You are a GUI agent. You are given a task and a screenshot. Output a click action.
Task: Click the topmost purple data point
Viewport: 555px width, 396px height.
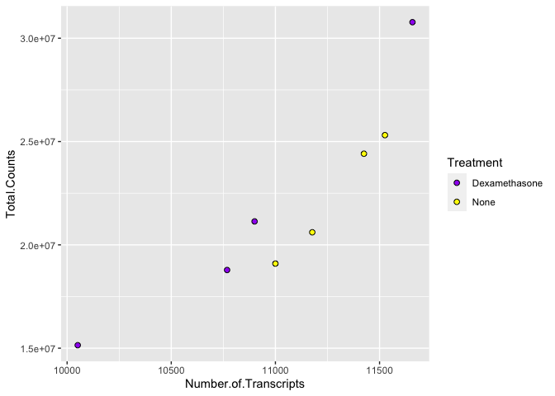(412, 22)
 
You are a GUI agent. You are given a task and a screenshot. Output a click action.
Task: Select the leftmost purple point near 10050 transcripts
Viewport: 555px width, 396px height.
(78, 345)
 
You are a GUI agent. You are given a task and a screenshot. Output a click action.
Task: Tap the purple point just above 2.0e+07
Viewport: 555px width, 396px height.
(254, 221)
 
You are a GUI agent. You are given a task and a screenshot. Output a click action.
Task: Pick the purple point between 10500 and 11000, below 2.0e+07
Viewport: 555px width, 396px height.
(227, 270)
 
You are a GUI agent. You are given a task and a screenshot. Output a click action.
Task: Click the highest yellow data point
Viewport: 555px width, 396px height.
(385, 135)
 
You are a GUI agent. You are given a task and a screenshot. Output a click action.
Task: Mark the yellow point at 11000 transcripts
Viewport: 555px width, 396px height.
(275, 264)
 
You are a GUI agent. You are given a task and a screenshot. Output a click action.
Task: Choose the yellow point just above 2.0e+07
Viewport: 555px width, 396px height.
(312, 232)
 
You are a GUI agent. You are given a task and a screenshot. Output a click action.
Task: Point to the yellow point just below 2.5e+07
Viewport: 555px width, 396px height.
(363, 153)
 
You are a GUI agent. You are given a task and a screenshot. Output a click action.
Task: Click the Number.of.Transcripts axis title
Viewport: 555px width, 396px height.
(245, 384)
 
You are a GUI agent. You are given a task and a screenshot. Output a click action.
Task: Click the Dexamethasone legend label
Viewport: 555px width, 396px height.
(507, 182)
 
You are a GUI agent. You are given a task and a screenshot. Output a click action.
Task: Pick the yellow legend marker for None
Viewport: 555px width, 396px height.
(457, 202)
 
